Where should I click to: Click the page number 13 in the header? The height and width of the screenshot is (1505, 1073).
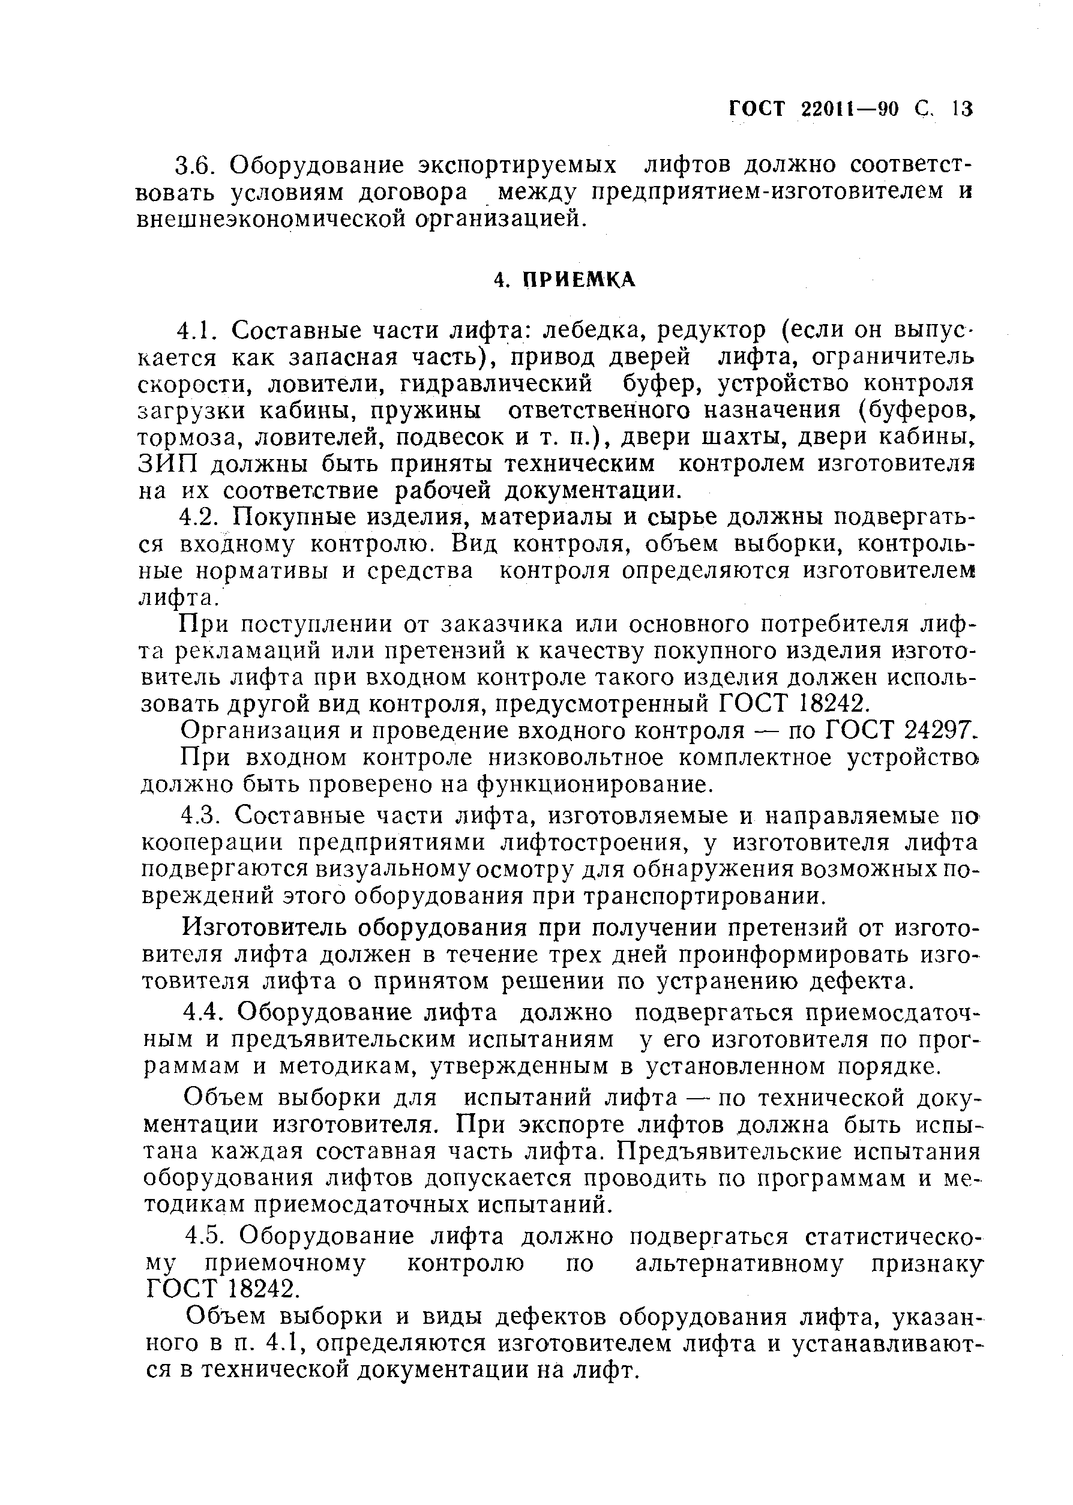point(963,109)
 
